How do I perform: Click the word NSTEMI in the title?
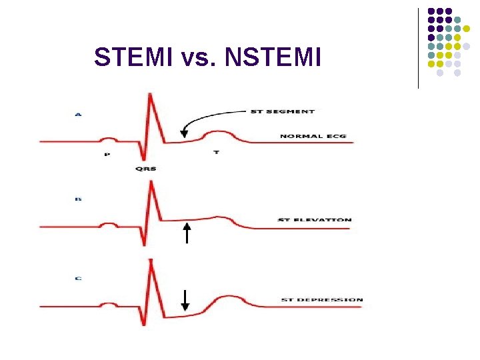click(x=273, y=57)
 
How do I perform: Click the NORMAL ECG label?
click(x=312, y=137)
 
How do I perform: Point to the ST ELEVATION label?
click(x=314, y=220)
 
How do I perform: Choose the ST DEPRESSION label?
click(x=322, y=300)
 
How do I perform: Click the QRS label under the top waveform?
click(x=145, y=169)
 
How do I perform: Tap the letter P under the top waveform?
click(x=107, y=154)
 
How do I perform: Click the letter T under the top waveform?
click(x=216, y=153)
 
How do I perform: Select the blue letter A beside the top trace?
click(x=78, y=115)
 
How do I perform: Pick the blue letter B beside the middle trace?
click(x=78, y=198)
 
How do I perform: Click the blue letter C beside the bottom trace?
click(x=78, y=278)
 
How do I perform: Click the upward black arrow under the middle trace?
click(x=187, y=233)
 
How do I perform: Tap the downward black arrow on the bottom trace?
click(x=185, y=301)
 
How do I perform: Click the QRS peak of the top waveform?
click(x=151, y=93)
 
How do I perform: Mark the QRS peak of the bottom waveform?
click(x=151, y=260)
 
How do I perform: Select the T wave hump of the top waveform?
click(x=219, y=133)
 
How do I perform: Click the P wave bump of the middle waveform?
click(x=109, y=223)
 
